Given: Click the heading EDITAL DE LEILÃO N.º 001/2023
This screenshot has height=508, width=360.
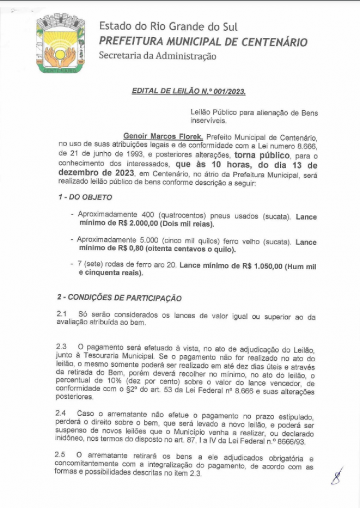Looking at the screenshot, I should (189, 90).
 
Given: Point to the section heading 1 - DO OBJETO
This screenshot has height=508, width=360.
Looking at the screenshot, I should (85, 197).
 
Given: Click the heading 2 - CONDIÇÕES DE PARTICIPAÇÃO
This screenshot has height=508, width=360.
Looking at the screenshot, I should (119, 298).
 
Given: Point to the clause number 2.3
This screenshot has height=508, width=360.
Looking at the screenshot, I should (62, 346).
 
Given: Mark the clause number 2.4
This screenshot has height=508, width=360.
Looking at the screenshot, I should (62, 413).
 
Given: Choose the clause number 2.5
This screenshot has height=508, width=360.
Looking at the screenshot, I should (62, 454).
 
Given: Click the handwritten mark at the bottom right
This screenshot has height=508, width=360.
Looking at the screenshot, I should (336, 475).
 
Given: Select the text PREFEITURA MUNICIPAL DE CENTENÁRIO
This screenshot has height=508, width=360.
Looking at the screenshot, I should (203, 42).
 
